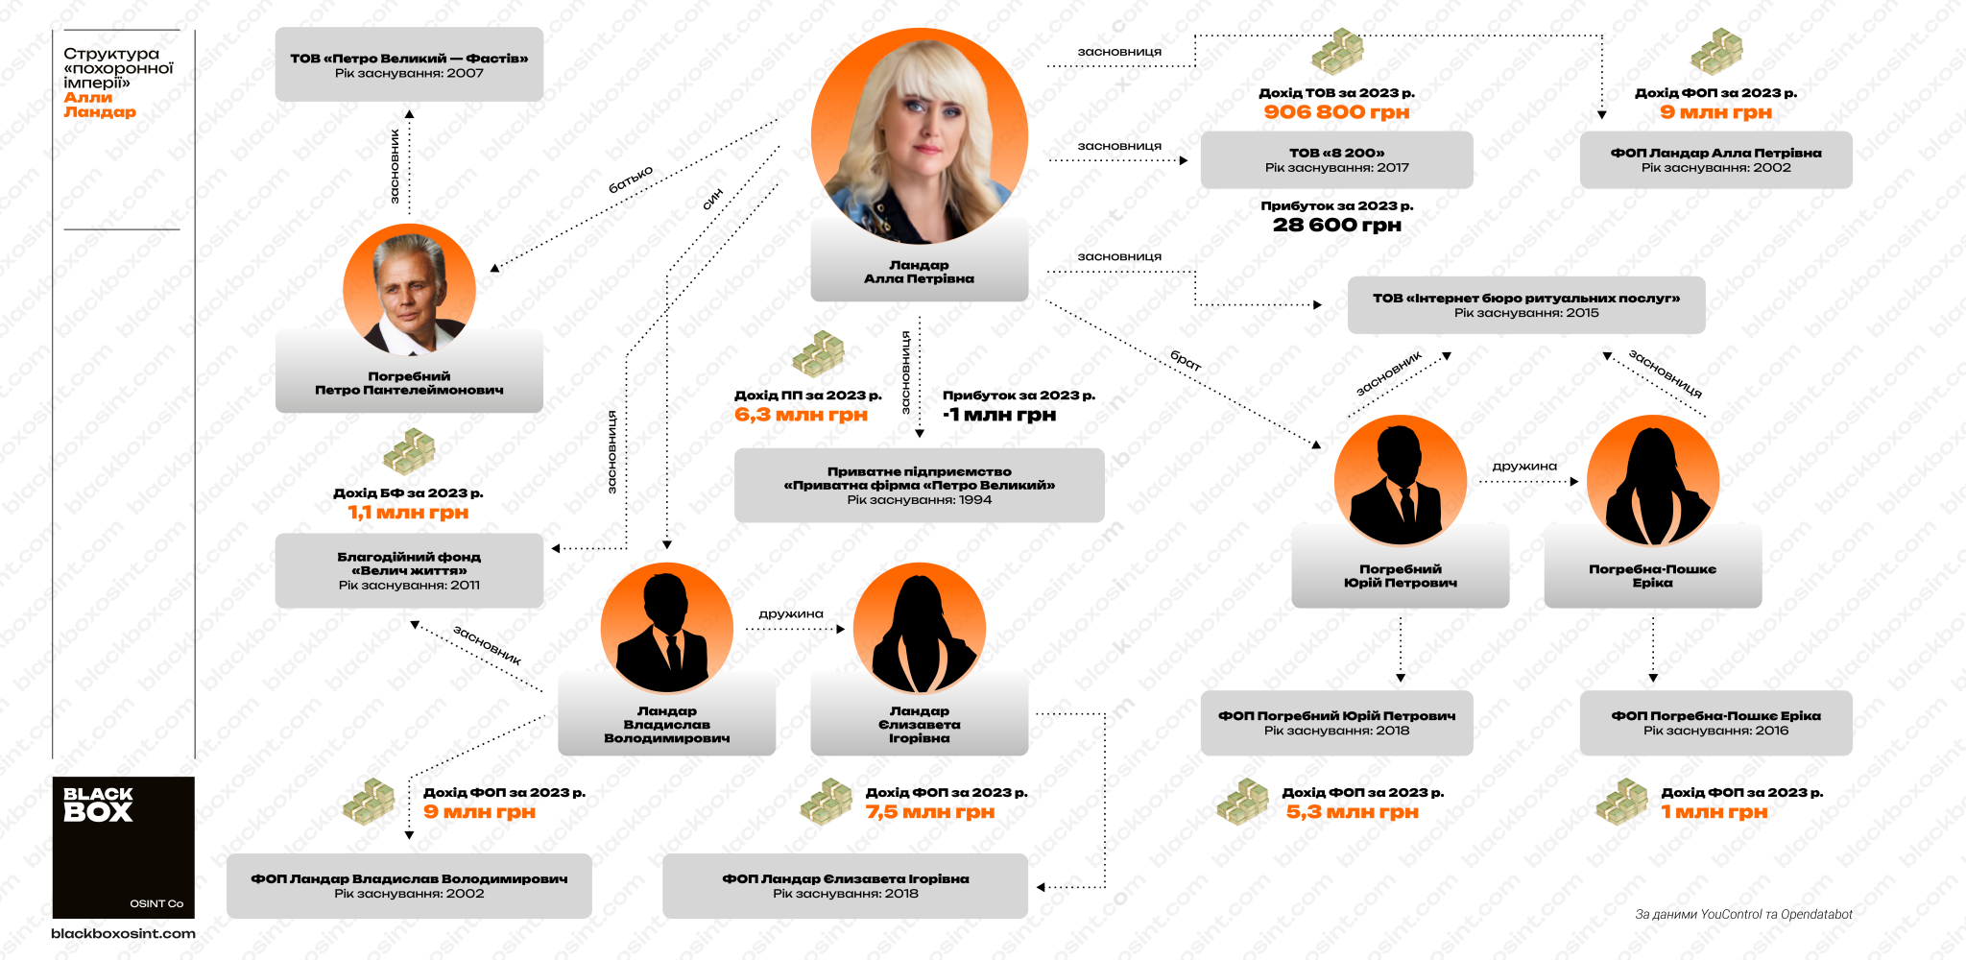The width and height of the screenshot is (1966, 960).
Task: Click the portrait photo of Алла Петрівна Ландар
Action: coord(919,136)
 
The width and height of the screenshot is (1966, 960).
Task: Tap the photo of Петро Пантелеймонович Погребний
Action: coord(409,290)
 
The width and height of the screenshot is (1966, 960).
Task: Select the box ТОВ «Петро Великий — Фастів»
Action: coord(409,64)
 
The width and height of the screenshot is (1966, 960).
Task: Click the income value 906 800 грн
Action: coord(1336,112)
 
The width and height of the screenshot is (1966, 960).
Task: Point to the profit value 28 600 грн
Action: coord(1336,226)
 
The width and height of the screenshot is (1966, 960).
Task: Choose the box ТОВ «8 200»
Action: coord(1336,159)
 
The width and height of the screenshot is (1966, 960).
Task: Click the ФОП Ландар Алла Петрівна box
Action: coord(1715,159)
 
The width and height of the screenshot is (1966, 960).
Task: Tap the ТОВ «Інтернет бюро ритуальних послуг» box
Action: coord(1526,305)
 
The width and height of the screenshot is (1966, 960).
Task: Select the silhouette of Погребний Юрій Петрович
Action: coord(1401,481)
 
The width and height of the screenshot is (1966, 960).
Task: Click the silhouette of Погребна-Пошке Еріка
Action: coord(1653,481)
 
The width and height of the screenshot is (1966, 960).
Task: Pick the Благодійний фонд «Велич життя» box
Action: coord(409,570)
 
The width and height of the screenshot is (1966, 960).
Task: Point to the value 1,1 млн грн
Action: coord(408,513)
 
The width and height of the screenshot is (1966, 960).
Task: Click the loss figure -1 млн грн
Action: coord(999,415)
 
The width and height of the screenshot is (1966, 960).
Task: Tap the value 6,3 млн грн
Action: coord(801,415)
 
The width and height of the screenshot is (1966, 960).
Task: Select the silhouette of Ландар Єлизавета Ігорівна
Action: coord(920,629)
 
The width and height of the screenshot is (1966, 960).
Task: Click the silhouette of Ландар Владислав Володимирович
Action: coord(667,629)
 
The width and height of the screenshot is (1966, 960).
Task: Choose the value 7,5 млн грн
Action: coord(930,812)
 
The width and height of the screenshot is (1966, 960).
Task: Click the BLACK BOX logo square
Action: coord(124,847)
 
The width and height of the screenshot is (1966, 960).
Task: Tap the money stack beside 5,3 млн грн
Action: coord(1242,802)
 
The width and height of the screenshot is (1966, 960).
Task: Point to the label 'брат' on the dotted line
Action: coord(1186,361)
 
